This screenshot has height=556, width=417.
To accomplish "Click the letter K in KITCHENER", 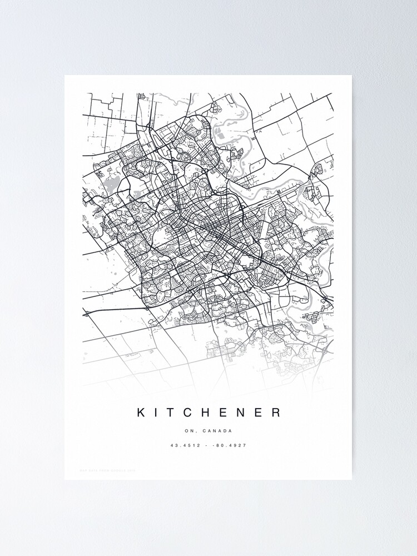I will tap(141, 413).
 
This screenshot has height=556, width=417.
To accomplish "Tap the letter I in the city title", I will tap(157, 413).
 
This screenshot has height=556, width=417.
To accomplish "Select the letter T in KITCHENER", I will tap(172, 413).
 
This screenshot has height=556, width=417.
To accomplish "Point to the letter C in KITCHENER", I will tap(190, 413).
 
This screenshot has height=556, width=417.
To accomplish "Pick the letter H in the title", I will tap(209, 413).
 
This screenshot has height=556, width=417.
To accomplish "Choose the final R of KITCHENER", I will tap(276, 413).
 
